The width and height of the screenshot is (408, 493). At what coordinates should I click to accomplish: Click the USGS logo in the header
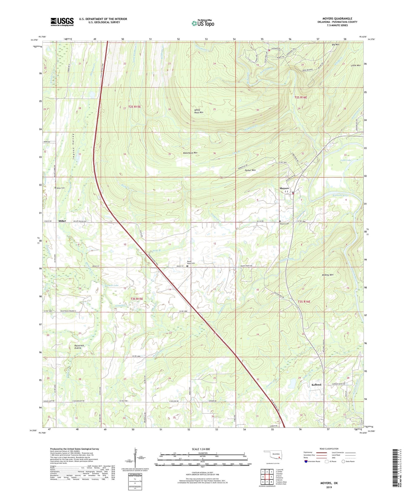(62, 22)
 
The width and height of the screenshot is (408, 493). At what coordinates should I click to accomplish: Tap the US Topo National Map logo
(202, 23)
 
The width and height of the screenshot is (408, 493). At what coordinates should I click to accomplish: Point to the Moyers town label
(284, 188)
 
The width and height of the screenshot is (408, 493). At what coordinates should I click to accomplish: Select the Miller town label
(62, 221)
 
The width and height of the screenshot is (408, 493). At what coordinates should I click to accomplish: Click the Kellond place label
(316, 385)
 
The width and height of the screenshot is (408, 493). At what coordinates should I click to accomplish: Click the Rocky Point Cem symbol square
(187, 266)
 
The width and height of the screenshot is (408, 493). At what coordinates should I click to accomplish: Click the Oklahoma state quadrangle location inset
(272, 455)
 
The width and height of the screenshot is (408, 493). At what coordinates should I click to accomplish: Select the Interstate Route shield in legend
(306, 461)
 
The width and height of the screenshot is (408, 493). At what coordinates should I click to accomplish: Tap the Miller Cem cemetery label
(61, 188)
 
